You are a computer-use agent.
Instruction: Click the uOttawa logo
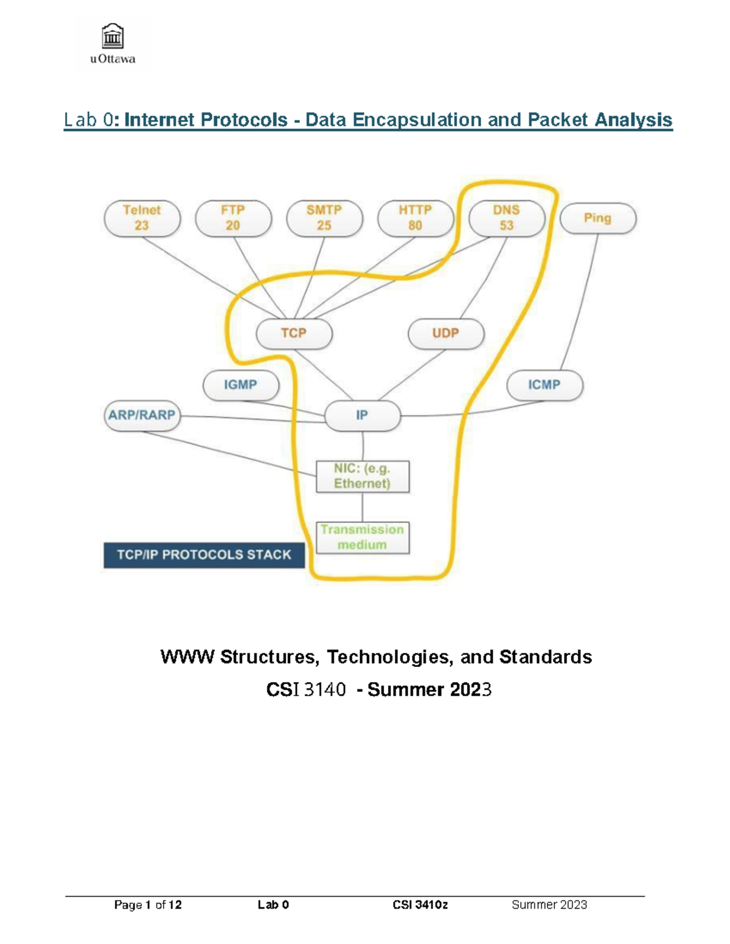113,44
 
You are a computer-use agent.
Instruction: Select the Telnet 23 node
142,218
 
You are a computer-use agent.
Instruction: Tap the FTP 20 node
233,218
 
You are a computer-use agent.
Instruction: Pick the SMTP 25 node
324,218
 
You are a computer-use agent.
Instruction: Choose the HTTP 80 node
415,218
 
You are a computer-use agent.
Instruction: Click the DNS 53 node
507,218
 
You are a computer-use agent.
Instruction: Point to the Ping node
597,218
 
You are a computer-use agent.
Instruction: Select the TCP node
294,334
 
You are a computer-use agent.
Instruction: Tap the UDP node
446,334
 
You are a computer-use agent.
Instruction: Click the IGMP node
241,385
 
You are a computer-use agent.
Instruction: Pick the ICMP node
544,385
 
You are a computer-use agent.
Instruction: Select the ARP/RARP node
142,416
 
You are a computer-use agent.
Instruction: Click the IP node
363,416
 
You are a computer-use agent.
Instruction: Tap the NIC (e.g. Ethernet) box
363,477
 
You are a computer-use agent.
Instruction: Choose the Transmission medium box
363,537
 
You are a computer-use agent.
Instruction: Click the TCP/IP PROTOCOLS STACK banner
204,555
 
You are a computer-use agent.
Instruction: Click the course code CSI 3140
306,690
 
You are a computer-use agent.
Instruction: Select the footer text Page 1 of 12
148,905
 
